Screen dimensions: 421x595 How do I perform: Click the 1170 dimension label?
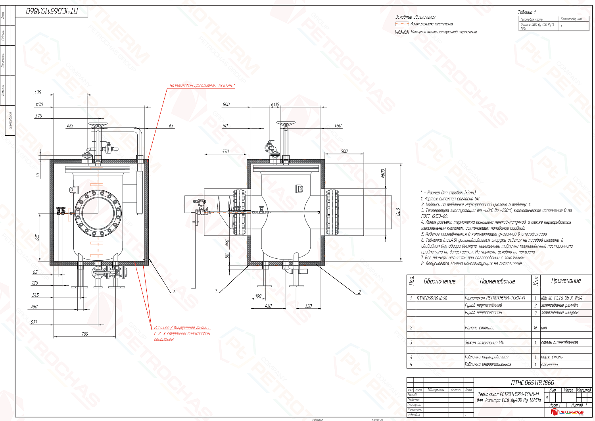point(39,104)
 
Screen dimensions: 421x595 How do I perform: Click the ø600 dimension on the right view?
point(383,173)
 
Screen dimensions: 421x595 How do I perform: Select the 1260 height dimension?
point(398,212)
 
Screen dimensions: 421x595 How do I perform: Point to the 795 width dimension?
point(84,334)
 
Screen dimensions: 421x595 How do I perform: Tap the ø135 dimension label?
point(275,104)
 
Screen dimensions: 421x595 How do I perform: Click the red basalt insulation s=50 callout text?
point(202,86)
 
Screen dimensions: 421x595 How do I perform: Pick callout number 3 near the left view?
point(174,291)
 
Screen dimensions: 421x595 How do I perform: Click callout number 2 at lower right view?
point(359,292)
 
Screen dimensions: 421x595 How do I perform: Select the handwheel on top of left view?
point(98,126)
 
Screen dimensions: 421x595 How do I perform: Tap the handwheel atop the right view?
point(286,124)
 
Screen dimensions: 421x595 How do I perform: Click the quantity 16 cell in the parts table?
point(535,328)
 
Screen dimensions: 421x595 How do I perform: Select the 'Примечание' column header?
point(566,281)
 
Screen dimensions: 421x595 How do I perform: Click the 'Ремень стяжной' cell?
point(480,328)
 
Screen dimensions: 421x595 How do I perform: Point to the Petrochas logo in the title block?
point(568,412)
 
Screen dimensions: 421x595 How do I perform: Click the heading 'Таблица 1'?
point(527,12)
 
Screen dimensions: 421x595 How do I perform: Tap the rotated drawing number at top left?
point(52,12)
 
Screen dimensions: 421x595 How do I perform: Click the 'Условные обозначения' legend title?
point(415,17)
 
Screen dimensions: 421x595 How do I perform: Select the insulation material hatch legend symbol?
point(402,32)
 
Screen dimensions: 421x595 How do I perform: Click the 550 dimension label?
point(225,151)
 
